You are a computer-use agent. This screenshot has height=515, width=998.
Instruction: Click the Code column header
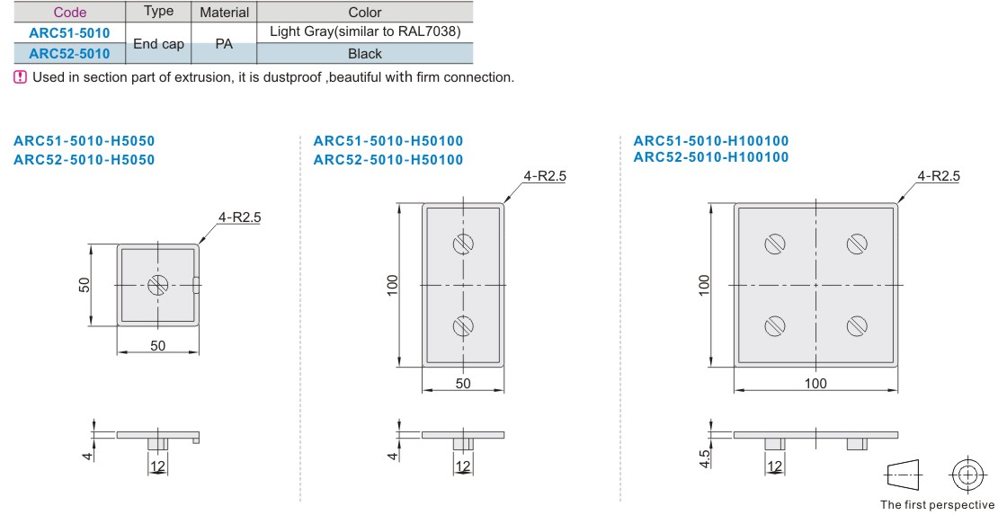[x=70, y=12]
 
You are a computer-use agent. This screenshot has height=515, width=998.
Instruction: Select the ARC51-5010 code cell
[x=70, y=32]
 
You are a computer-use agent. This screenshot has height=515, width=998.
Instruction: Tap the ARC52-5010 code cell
[x=70, y=53]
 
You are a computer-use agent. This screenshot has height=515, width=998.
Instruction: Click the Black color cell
[x=365, y=54]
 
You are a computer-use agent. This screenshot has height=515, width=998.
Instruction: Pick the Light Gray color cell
[x=365, y=31]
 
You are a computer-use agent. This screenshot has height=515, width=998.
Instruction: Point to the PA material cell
[x=224, y=43]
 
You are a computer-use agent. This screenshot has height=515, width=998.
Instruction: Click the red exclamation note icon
[x=21, y=77]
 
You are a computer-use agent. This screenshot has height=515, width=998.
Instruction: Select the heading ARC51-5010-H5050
[x=84, y=141]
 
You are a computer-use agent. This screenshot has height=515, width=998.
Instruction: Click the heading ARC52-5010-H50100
[x=388, y=160]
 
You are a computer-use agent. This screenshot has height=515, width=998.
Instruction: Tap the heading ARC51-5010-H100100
[x=711, y=141]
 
